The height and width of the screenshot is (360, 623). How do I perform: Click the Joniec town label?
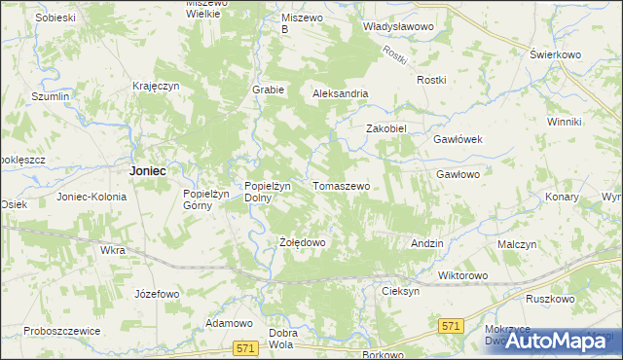tap(147, 169)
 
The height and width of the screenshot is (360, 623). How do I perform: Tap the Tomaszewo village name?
tap(341, 185)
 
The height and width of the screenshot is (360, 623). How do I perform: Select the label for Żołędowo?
tap(302, 242)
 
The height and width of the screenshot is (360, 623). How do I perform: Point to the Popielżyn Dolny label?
tap(263, 191)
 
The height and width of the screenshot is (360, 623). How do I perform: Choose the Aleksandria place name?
tap(340, 93)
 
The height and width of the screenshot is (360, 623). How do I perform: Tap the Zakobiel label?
tap(385, 128)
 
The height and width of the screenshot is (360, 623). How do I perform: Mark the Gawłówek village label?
tap(458, 139)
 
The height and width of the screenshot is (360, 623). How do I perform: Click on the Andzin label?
tap(427, 242)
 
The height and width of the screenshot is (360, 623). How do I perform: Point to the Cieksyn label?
tap(401, 291)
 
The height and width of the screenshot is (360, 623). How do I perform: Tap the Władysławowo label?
tap(397, 27)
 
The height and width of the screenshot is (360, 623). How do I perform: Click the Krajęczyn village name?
tap(158, 86)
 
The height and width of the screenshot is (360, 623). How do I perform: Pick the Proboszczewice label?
tap(63, 331)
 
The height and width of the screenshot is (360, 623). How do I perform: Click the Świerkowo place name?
tap(556, 55)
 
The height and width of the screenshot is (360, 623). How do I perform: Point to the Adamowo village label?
tap(230, 322)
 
